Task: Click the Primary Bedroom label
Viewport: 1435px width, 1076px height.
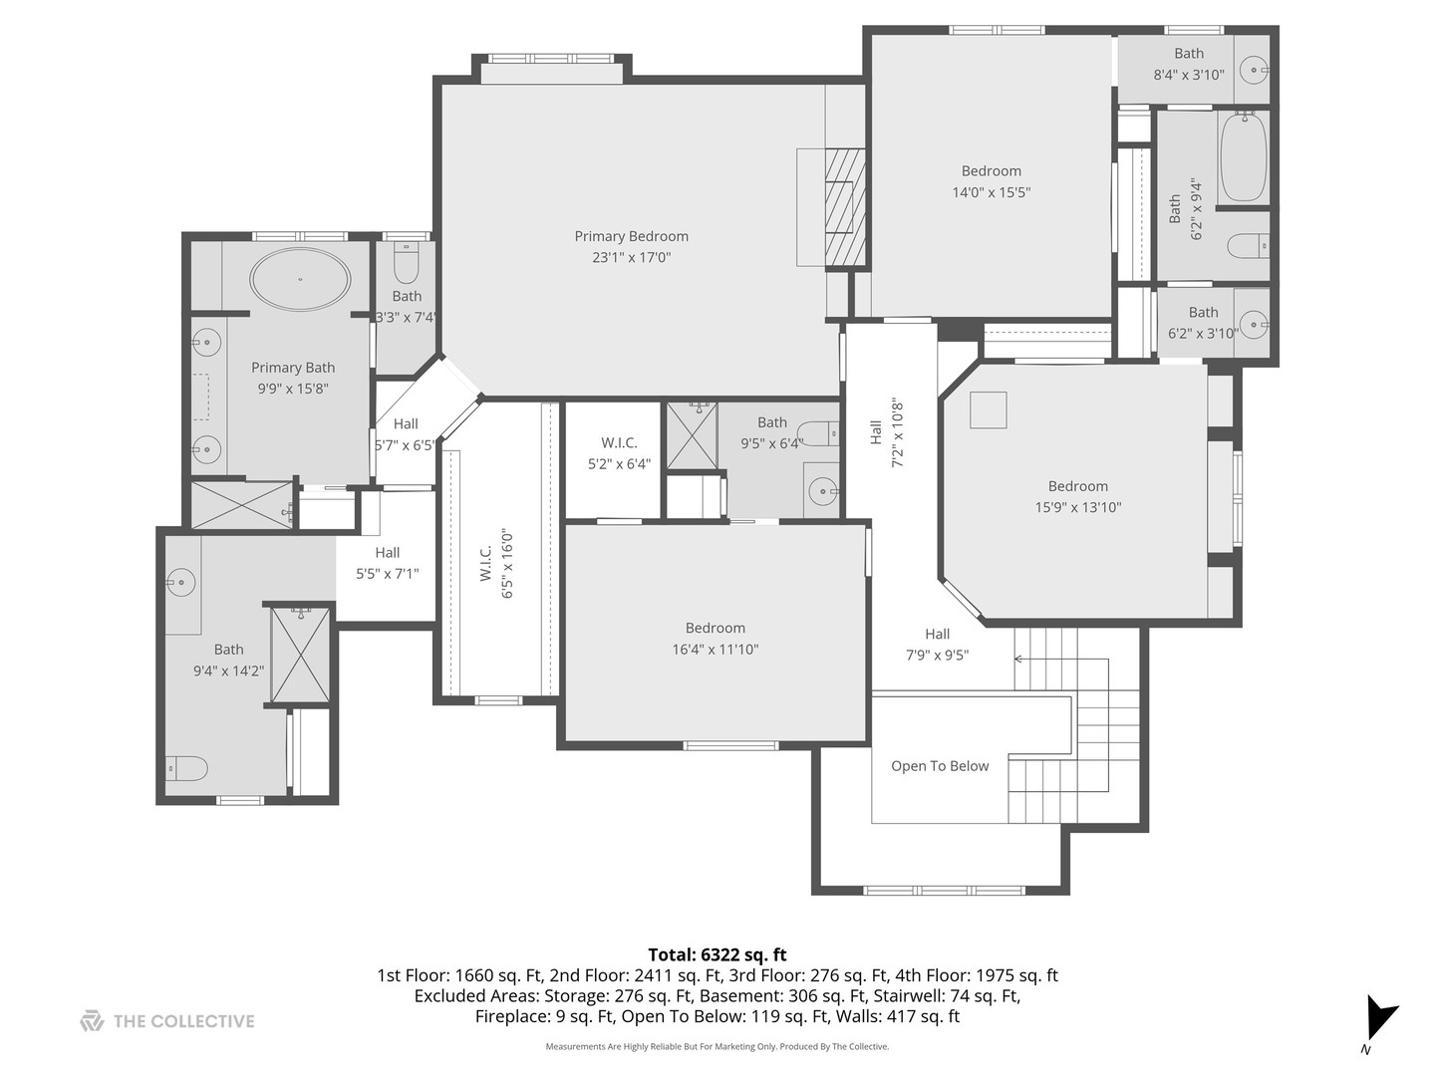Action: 631,236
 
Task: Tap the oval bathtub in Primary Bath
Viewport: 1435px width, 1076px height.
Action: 300,278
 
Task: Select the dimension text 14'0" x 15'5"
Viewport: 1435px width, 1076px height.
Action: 991,192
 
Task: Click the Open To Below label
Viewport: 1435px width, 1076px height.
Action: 940,766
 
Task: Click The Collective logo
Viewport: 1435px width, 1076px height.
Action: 167,1021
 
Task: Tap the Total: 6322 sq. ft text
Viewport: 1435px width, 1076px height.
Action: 717,954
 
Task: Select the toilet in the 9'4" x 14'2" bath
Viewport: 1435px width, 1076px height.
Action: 187,768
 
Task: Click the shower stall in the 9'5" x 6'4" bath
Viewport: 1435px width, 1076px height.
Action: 691,434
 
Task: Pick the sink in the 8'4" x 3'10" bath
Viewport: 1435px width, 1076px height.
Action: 1253,69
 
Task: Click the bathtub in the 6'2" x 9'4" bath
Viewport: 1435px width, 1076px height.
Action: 1244,156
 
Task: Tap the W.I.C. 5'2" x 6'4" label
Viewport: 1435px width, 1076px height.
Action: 619,453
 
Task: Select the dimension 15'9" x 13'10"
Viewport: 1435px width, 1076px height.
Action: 1078,507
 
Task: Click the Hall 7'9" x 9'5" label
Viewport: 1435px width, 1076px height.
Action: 937,645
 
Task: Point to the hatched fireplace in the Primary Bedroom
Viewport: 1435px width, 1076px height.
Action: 844,206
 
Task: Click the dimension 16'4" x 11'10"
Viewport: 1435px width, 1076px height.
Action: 715,650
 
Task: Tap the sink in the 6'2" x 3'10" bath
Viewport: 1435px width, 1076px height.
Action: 1253,322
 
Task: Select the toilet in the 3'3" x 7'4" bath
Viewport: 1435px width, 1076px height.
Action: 406,264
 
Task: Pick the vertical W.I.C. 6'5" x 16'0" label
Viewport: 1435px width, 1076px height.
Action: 496,563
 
